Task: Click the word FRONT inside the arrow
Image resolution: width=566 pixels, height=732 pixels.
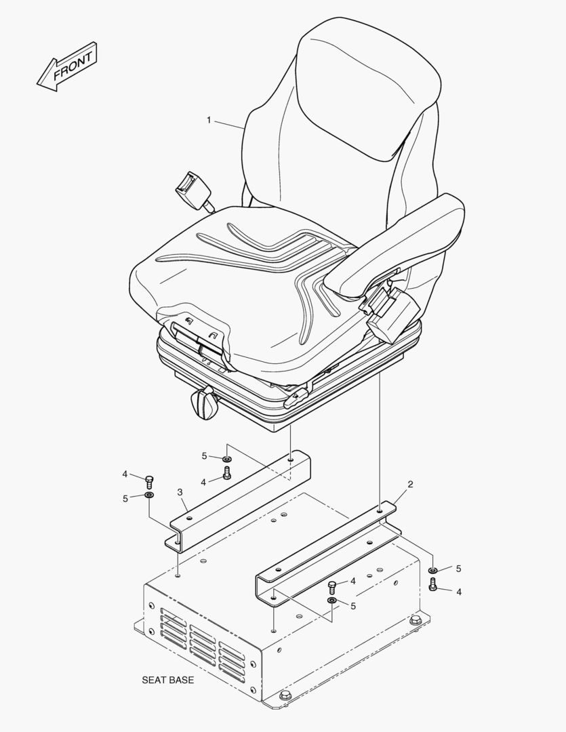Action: (x=73, y=66)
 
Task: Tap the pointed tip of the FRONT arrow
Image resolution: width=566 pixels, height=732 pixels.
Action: (x=37, y=85)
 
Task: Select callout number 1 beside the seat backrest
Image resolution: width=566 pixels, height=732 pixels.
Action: (x=209, y=121)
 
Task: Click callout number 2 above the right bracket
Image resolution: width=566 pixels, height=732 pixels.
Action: (x=410, y=484)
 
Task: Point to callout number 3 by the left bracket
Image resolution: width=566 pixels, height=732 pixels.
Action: (x=180, y=492)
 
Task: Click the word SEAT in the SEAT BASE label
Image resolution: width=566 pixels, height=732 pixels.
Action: (x=154, y=680)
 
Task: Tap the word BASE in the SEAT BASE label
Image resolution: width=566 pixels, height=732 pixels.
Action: (x=181, y=680)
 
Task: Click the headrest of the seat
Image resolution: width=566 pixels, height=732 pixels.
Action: (x=369, y=89)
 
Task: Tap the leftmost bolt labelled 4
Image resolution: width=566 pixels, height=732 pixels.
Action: (x=149, y=482)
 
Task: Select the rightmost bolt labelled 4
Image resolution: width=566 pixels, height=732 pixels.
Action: (x=432, y=585)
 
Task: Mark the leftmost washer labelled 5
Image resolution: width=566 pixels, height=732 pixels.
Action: (x=149, y=495)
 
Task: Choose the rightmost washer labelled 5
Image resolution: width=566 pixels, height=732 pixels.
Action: (x=433, y=570)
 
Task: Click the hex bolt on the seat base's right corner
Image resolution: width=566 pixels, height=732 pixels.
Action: (x=415, y=621)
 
